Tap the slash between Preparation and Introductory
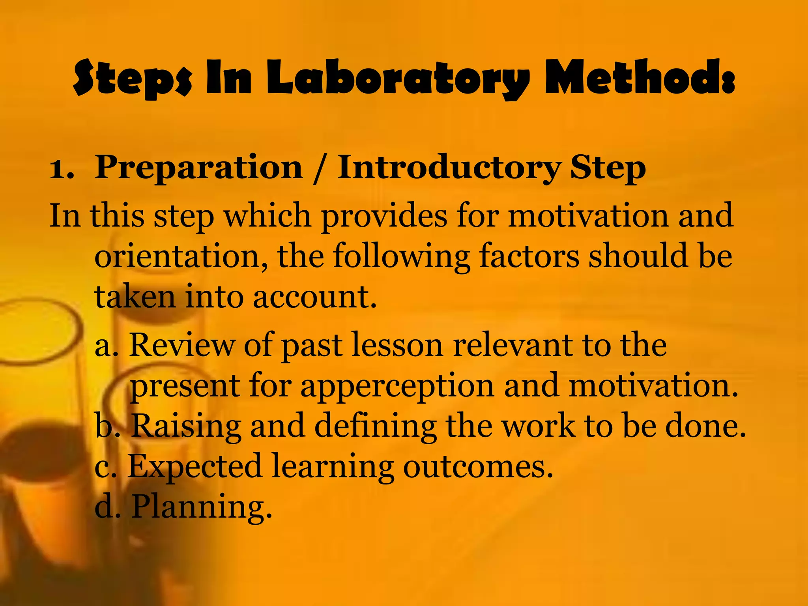pos(319,168)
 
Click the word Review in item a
pos(181,345)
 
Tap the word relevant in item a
pos(513,345)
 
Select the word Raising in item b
pos(186,426)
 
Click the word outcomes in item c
pos(478,467)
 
